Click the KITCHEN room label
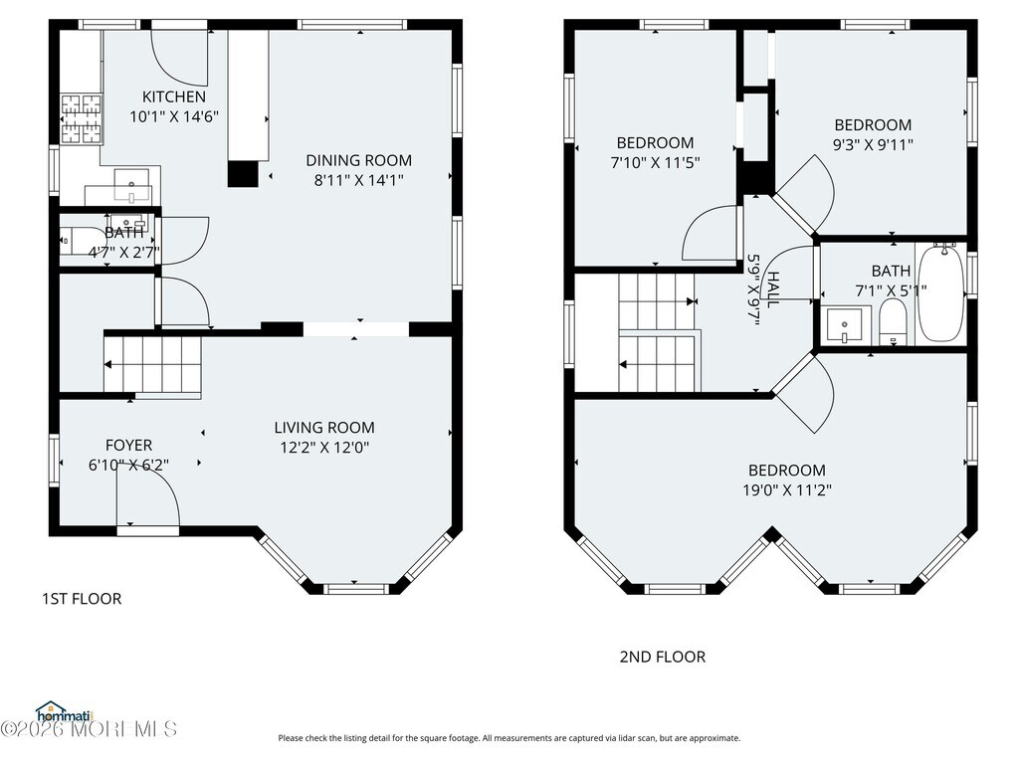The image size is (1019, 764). [173, 96]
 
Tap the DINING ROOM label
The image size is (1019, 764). [358, 160]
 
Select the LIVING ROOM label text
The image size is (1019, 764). [324, 428]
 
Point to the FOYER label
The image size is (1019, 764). [128, 445]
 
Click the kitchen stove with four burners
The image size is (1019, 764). [82, 119]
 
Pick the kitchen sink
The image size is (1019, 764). [132, 184]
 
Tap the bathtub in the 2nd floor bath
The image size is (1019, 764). [940, 293]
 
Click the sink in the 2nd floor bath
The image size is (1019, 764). [845, 325]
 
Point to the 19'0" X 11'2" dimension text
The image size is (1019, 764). [787, 489]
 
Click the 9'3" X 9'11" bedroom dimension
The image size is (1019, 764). [873, 144]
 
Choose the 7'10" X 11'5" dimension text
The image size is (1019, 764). [655, 162]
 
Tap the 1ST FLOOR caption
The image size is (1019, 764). [82, 598]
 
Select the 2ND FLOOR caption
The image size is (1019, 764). [662, 657]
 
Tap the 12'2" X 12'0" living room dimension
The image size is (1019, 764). [324, 447]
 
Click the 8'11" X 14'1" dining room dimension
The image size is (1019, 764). [358, 180]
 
